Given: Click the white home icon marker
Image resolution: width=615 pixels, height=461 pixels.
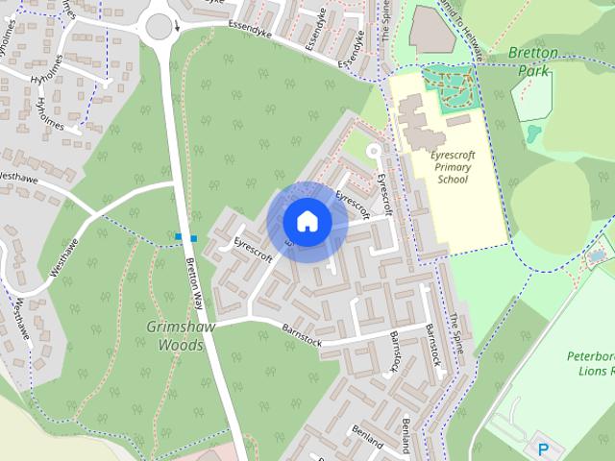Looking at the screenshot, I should click(307, 222).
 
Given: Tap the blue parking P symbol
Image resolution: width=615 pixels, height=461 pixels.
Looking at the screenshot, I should click(544, 449).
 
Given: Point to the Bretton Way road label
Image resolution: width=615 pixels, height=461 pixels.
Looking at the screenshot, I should click(195, 278).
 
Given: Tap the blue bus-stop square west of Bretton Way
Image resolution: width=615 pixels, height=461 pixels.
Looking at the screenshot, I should click(179, 236).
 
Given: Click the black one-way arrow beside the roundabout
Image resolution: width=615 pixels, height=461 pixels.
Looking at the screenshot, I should click(178, 29).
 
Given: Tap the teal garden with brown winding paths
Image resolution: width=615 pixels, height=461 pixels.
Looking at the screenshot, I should click(451, 84).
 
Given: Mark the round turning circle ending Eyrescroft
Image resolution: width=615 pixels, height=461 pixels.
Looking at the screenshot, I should click(374, 151).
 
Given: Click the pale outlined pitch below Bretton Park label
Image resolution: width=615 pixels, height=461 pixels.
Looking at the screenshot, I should click(532, 96).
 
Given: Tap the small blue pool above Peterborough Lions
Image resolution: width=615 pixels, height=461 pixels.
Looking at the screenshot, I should click(597, 256).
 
